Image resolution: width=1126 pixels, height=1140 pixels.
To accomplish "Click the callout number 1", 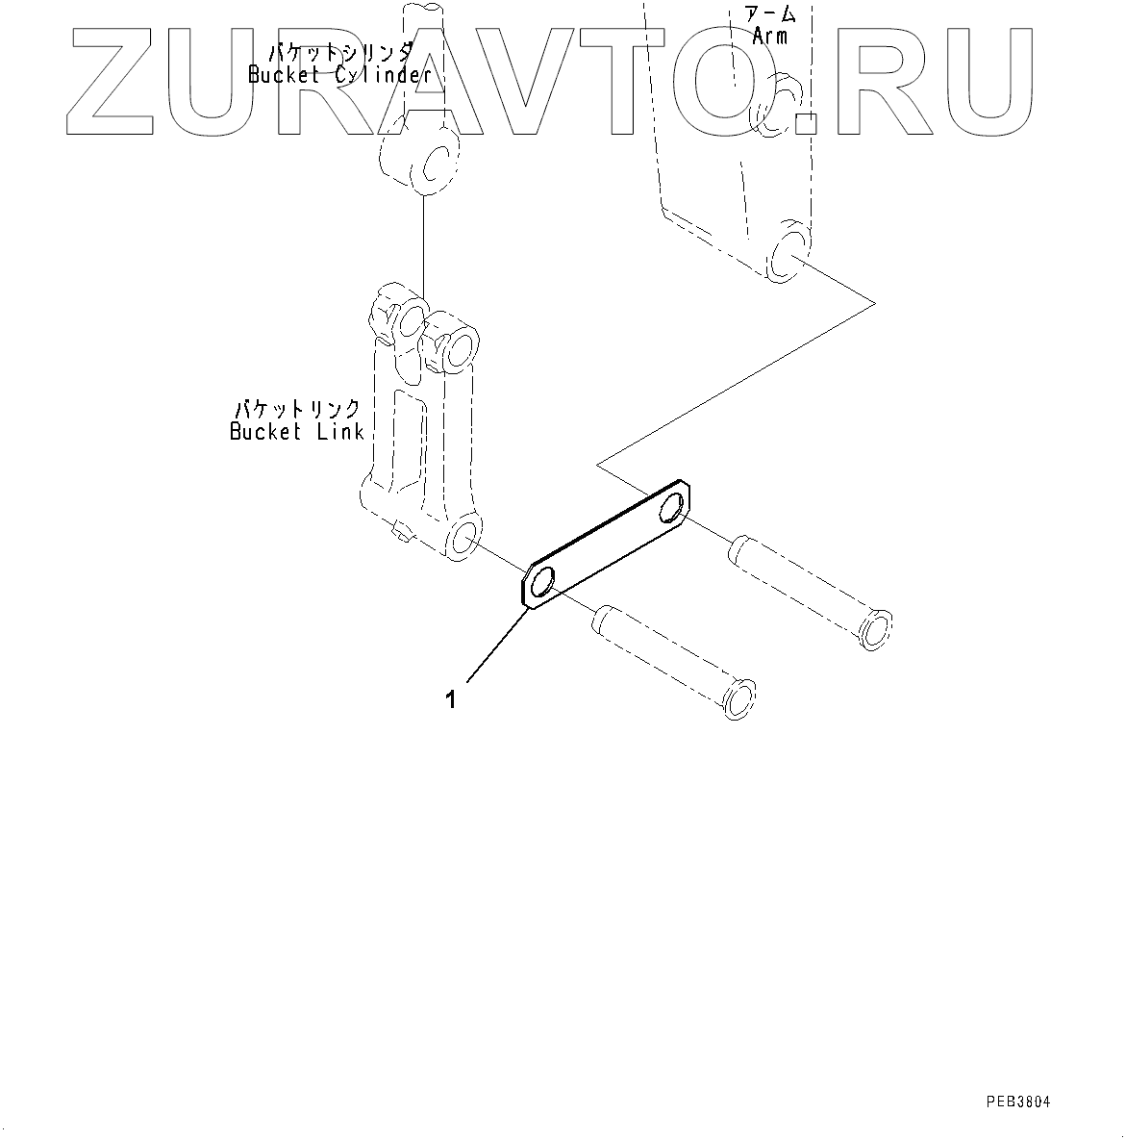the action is pos(451,700).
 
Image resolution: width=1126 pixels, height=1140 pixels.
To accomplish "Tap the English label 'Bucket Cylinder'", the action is pos(338,75).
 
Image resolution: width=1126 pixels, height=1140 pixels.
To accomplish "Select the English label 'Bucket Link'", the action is pos(296,432).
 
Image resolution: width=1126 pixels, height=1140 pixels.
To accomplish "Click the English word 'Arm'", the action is pos(769,37).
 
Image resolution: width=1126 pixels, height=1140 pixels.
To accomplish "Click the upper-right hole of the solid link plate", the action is pos(676,507).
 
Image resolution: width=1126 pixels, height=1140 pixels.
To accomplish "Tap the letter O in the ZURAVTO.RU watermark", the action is pos(736,81).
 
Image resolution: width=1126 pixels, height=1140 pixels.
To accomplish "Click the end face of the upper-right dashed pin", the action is pos(876,629).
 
